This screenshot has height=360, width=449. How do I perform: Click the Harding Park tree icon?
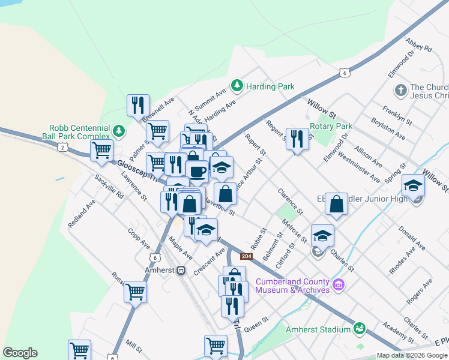(x=237, y=86)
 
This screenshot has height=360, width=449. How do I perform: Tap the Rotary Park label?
(x=331, y=127)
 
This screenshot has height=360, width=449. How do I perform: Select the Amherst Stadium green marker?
(x=360, y=328)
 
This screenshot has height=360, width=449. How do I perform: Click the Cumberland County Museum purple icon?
(x=339, y=284)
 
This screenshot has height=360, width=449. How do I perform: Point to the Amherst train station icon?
(x=181, y=271)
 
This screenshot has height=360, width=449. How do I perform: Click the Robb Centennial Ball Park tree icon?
(x=119, y=130)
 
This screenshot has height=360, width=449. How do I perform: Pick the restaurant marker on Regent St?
(x=297, y=139)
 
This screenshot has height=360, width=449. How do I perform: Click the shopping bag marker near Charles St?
(x=337, y=204)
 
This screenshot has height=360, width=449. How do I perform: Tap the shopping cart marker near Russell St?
(x=135, y=292)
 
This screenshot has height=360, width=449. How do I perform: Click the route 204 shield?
(x=246, y=257)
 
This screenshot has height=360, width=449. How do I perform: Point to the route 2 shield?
(x=62, y=146)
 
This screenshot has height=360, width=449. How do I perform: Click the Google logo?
(x=20, y=353)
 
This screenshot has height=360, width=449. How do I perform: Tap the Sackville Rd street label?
(x=108, y=187)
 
